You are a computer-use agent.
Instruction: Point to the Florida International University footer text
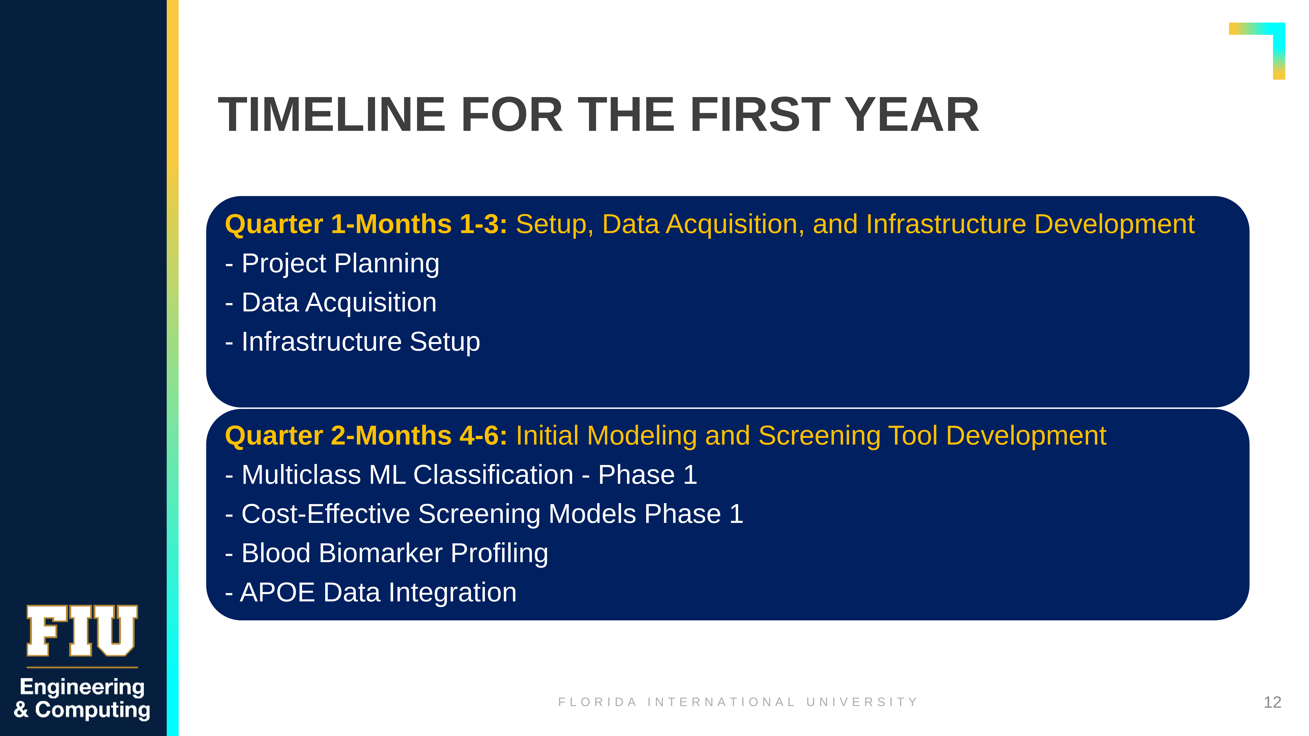[x=738, y=702]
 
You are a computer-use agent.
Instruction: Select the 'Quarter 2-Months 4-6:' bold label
[x=366, y=436]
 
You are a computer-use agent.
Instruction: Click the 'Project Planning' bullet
[x=332, y=264]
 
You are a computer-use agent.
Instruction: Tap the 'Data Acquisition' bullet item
[x=331, y=303]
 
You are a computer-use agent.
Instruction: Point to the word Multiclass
[x=301, y=475]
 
